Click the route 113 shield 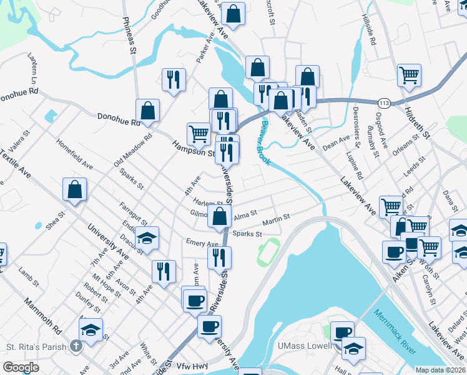383,101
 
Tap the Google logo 21,367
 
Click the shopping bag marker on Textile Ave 74,191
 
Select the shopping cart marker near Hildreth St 409,76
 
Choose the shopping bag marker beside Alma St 220,217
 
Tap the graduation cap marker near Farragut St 147,239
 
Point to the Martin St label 276,218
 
